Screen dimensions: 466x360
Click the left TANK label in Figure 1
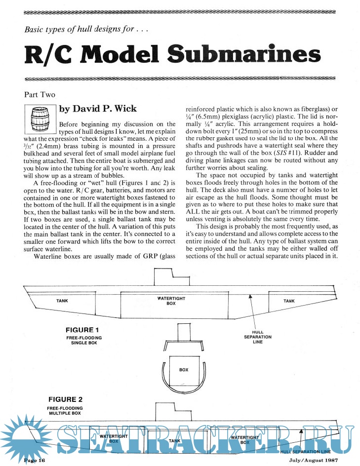point(62,301)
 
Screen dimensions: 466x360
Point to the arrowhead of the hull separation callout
point(250,296)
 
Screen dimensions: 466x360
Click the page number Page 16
point(35,461)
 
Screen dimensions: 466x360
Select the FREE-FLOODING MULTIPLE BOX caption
point(65,411)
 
